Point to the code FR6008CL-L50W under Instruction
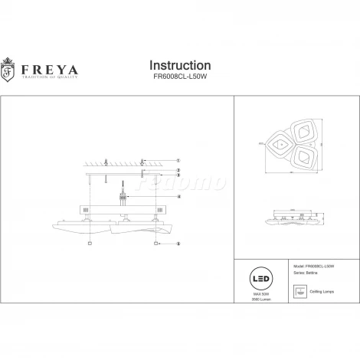tap(178, 77)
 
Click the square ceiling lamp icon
tap(299, 291)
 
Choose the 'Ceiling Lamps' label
tap(324, 291)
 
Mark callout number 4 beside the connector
tap(178, 197)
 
